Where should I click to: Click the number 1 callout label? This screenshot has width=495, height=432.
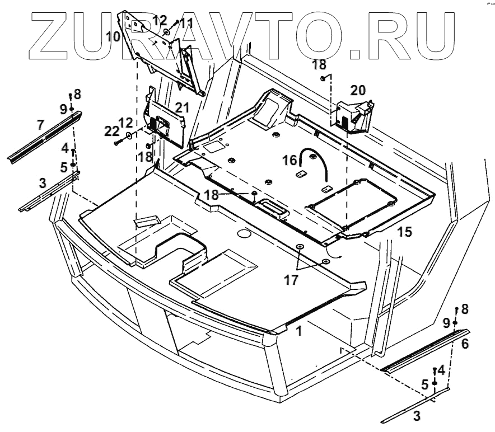tap(299, 331)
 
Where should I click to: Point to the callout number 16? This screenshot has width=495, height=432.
tap(289, 161)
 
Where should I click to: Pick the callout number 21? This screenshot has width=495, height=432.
tap(182, 107)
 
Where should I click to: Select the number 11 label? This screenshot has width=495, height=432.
tap(186, 24)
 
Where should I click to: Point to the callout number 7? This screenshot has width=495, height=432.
tap(40, 125)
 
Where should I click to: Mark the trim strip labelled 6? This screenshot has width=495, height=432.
tap(426, 351)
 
